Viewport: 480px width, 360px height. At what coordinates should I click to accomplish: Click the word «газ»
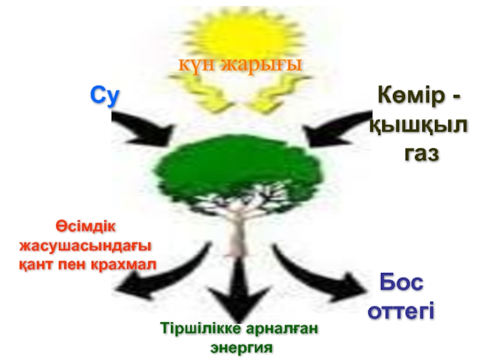(422, 153)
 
